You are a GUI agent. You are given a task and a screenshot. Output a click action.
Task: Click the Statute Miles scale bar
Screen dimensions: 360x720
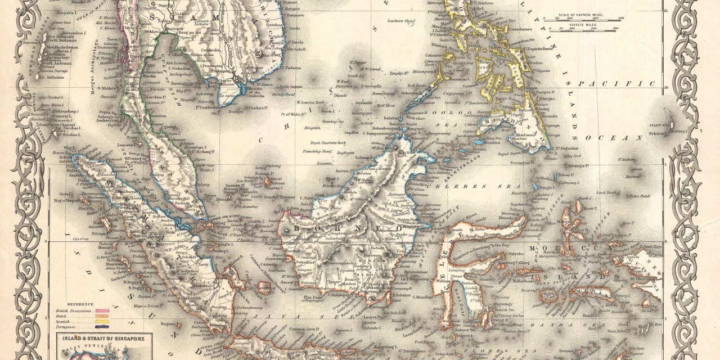click(x=585, y=28)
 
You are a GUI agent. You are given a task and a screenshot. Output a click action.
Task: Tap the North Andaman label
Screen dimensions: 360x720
click(x=60, y=39)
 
